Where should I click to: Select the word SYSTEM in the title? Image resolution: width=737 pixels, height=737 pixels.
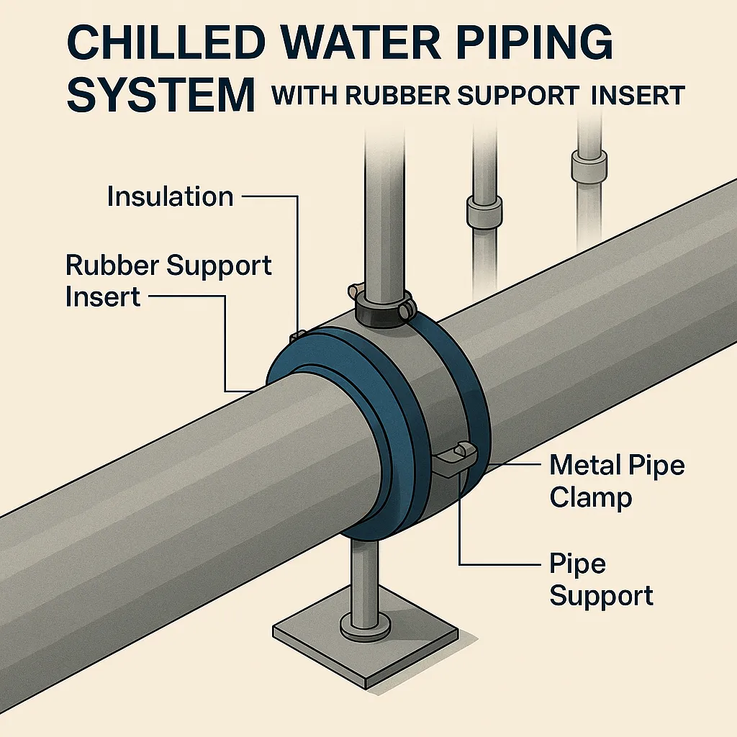(160, 95)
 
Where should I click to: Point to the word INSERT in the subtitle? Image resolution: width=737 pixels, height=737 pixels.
(638, 96)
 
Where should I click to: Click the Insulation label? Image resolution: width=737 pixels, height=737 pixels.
(170, 196)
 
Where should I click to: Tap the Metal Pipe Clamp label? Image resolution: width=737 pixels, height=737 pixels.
(616, 481)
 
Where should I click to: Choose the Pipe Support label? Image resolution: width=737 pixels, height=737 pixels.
(601, 580)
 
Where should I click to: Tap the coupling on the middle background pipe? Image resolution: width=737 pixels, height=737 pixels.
(480, 209)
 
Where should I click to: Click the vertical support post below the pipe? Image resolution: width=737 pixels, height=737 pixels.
(364, 576)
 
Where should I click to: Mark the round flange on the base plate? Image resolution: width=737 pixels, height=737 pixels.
(364, 625)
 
